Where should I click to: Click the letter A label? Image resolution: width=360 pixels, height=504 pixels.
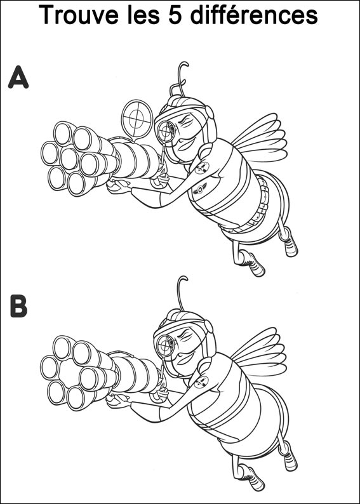click(18, 77)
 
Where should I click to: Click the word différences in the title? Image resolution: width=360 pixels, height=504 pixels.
click(254, 15)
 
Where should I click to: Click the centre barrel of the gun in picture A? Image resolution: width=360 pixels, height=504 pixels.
click(69, 159)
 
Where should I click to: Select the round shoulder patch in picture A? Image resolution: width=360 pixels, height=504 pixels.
click(201, 168)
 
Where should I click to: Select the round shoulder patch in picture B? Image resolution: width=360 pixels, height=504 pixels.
click(201, 382)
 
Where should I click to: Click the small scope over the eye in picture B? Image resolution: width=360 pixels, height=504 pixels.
click(165, 345)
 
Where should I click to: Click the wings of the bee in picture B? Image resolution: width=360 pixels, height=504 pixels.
click(260, 352)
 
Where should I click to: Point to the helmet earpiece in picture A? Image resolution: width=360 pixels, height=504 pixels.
click(210, 112)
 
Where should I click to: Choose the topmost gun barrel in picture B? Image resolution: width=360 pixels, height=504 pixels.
click(63, 347)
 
